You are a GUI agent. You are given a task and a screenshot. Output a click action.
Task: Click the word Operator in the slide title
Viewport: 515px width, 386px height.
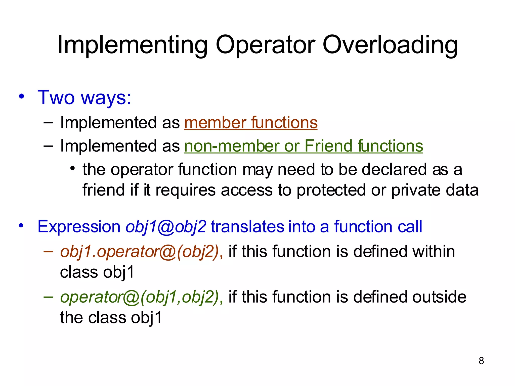pos(265,45)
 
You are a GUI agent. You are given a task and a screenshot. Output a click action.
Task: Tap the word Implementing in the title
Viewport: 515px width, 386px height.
pos(133,45)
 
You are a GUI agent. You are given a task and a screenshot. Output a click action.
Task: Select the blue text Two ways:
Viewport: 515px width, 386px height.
pos(84,97)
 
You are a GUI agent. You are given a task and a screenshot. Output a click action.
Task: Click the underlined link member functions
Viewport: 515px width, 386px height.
pos(251,123)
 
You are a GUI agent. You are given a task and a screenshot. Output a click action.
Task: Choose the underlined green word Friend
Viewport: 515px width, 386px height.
pos(329,146)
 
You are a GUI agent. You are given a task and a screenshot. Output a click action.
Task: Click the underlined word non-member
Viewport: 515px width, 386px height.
pos(231,146)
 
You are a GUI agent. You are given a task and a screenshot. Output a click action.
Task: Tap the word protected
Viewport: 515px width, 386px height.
pos(331,190)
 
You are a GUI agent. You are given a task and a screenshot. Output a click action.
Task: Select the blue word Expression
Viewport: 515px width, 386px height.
pos(79,227)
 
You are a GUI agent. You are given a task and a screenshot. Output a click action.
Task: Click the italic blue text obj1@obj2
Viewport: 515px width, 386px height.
pos(166,227)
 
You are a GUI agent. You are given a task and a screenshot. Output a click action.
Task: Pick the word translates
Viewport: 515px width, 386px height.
pos(247,227)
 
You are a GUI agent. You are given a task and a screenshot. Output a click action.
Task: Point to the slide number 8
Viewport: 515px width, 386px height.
pos(481,361)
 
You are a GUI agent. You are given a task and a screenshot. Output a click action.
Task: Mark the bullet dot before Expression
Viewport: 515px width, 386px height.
pos(22,226)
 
